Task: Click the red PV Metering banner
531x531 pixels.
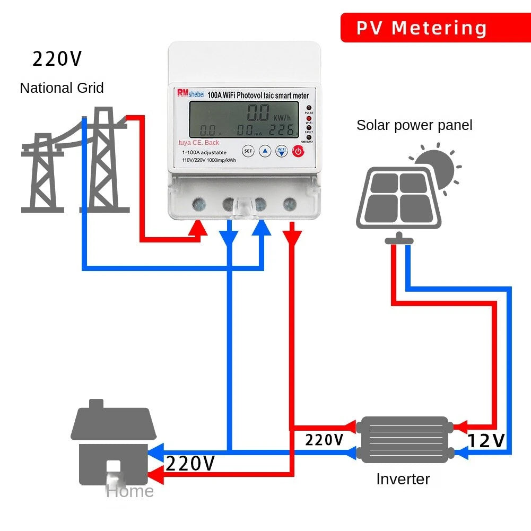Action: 421,28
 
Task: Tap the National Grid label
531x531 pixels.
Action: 62,88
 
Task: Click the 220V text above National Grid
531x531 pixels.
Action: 57,59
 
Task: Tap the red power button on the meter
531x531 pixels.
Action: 298,152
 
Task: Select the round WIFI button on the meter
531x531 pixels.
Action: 281,151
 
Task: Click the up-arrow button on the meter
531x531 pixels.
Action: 265,151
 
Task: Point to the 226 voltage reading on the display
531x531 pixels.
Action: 283,130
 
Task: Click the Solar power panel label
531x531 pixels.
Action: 414,125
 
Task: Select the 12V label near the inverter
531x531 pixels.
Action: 486,441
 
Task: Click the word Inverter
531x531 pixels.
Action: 403,479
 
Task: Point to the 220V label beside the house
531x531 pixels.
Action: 190,464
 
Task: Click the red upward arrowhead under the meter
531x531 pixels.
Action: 199,228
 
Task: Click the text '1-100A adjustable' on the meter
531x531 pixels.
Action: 204,152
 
